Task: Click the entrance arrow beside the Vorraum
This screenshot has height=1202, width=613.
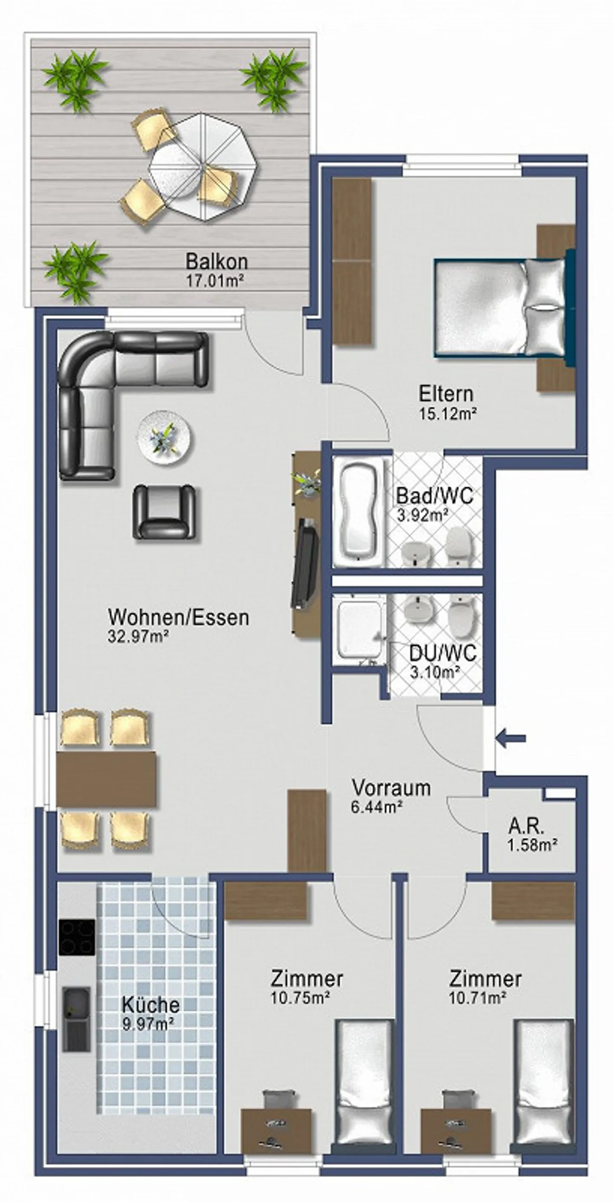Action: (511, 738)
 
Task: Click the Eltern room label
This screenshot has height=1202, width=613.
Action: (446, 394)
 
